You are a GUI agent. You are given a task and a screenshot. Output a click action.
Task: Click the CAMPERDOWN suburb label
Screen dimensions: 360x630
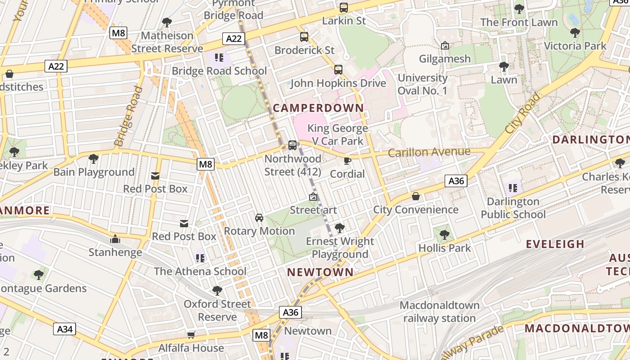click(318, 108)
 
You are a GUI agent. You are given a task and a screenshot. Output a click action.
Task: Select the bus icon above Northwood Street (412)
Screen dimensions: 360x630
click(292, 145)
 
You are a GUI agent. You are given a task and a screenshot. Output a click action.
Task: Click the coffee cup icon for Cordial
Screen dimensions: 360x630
click(347, 161)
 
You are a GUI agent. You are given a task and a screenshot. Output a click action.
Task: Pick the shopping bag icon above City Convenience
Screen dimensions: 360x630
click(416, 197)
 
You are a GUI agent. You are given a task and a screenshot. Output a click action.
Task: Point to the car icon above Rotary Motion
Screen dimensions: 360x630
click(259, 218)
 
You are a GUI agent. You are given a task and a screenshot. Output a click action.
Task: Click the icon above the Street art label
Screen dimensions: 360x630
click(313, 197)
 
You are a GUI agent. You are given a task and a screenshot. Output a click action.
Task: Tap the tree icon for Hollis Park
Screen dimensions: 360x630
click(444, 234)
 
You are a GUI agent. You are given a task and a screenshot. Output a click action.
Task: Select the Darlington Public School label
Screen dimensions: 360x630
click(513, 208)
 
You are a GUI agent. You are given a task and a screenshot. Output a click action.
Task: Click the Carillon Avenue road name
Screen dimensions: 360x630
click(429, 153)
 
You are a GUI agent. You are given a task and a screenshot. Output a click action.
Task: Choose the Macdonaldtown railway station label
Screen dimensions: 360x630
click(439, 312)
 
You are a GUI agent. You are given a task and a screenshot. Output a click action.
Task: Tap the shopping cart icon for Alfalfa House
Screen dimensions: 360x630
click(191, 335)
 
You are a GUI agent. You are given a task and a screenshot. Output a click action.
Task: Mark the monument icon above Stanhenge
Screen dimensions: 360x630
click(115, 239)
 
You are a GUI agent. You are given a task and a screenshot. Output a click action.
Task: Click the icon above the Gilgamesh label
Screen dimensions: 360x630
click(445, 45)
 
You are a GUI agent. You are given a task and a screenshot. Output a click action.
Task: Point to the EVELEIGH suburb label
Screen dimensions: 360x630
click(555, 244)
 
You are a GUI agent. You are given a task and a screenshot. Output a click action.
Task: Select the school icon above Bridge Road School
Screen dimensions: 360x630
click(219, 58)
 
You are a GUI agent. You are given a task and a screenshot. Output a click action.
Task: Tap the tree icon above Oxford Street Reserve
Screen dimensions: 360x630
click(217, 291)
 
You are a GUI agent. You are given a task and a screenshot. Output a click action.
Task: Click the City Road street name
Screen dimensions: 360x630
click(522, 113)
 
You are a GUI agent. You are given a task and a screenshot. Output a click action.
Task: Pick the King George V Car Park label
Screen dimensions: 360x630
click(337, 135)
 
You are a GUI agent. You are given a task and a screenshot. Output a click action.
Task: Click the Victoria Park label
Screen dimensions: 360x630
click(575, 46)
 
